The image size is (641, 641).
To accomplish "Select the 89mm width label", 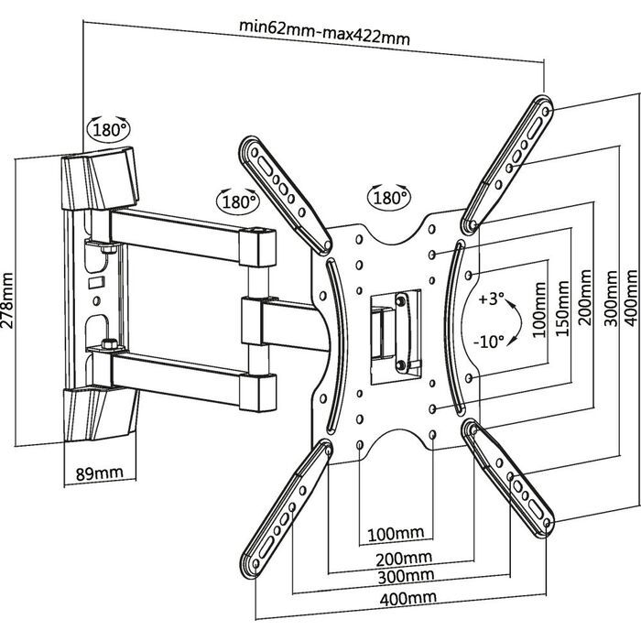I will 98,473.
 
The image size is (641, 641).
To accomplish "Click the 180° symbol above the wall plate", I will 111,130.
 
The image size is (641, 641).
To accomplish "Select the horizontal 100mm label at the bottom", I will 395,534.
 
